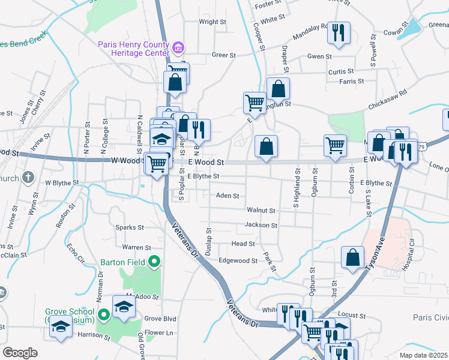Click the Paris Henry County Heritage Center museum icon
point(178,47)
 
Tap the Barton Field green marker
point(154,262)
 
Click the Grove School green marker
point(103,314)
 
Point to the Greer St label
point(224,55)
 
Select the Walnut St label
point(261,211)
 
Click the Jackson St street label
point(261,226)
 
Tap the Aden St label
point(228,196)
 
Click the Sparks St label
point(132,228)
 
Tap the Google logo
point(20,352)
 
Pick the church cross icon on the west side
point(28,178)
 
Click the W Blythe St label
point(62,182)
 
